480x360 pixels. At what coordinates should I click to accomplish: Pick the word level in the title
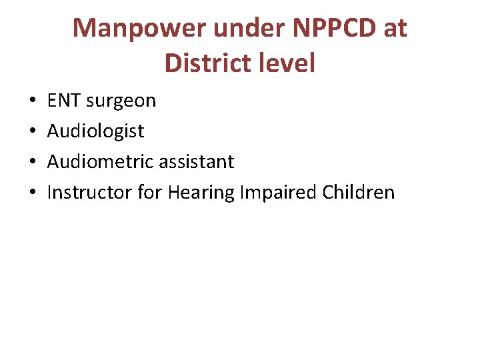(285, 63)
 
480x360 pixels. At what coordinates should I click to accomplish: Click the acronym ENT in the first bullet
(63, 101)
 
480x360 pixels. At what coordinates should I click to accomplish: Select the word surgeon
(120, 101)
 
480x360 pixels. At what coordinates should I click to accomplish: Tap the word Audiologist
(95, 131)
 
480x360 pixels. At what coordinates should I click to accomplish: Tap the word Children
(359, 193)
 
